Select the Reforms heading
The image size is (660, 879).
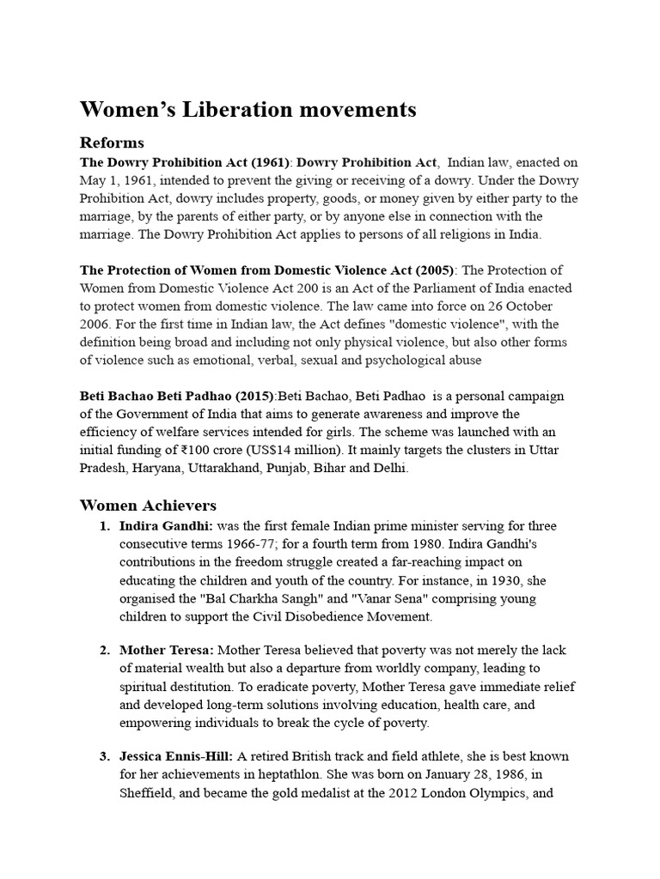click(112, 142)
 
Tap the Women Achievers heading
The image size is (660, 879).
click(148, 505)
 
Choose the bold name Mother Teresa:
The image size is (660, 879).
click(167, 651)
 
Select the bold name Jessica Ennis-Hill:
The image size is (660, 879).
click(176, 756)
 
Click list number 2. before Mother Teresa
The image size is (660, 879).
click(105, 651)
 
